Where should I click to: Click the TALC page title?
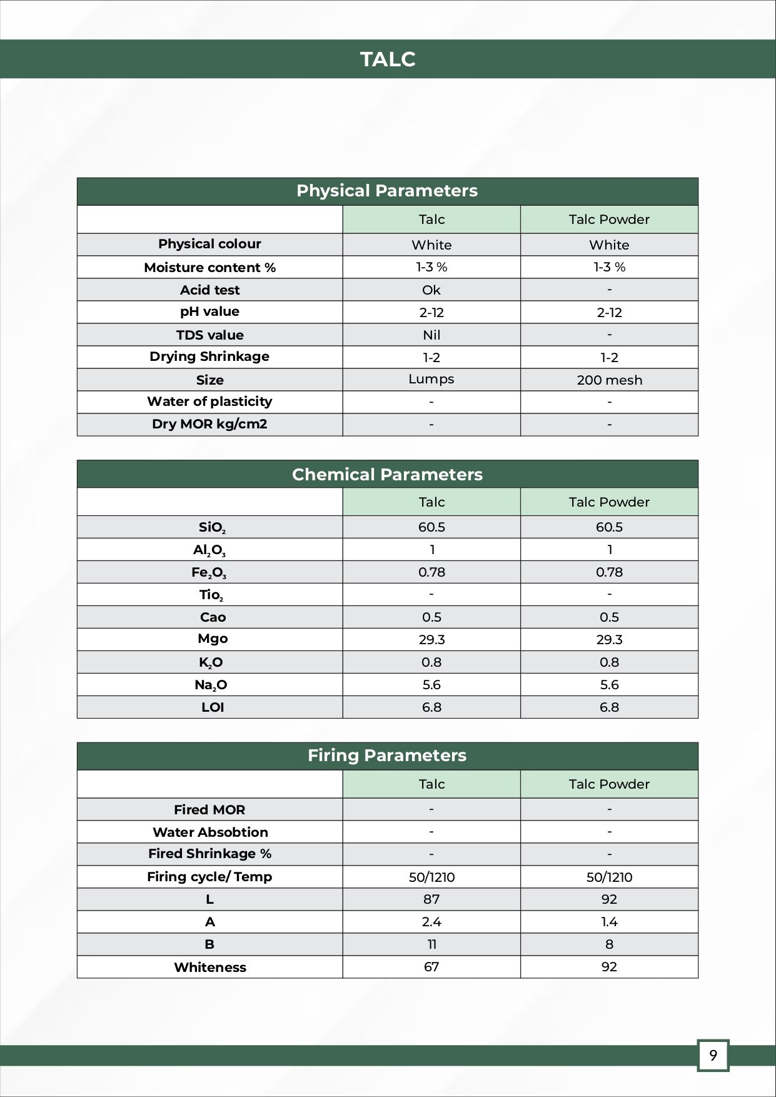click(388, 59)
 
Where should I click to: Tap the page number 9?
click(713, 1056)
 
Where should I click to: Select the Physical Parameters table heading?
click(387, 191)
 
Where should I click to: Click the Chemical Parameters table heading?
click(387, 475)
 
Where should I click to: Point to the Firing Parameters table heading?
click(387, 756)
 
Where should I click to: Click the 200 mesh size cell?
click(609, 380)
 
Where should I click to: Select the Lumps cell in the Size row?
click(431, 379)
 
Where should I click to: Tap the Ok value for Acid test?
click(431, 290)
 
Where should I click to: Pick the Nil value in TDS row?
click(431, 335)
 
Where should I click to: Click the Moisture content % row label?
click(209, 268)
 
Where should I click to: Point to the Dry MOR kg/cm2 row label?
click(209, 424)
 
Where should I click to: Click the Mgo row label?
click(213, 639)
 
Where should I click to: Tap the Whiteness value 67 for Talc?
click(431, 967)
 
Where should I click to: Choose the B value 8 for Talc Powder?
click(609, 944)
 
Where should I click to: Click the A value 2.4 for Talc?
click(431, 922)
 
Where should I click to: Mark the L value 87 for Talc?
click(431, 899)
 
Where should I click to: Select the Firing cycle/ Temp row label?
click(209, 877)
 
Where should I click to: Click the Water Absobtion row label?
click(210, 832)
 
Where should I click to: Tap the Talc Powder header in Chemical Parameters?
click(609, 502)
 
